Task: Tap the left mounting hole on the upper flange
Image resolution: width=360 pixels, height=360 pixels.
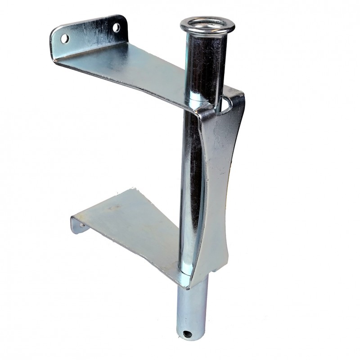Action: point(65,39)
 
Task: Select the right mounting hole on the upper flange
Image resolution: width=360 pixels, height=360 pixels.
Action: point(116,27)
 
